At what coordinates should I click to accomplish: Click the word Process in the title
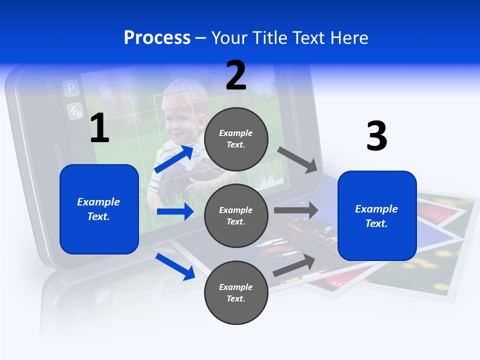tap(157, 37)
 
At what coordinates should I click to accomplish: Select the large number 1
tap(99, 128)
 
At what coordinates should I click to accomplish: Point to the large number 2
tap(236, 75)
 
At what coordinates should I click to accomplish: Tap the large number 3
tap(376, 136)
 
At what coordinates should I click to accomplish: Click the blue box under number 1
tap(99, 209)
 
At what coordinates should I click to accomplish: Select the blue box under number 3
tap(377, 215)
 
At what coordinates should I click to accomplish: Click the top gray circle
tap(236, 139)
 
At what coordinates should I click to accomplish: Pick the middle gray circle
tap(236, 216)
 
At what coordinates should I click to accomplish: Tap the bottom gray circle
tap(236, 292)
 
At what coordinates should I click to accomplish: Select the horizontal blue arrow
tap(175, 211)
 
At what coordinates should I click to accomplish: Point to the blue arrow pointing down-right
tap(175, 266)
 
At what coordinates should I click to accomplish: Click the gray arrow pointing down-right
tap(297, 159)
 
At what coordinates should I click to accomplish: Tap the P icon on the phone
tap(70, 89)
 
